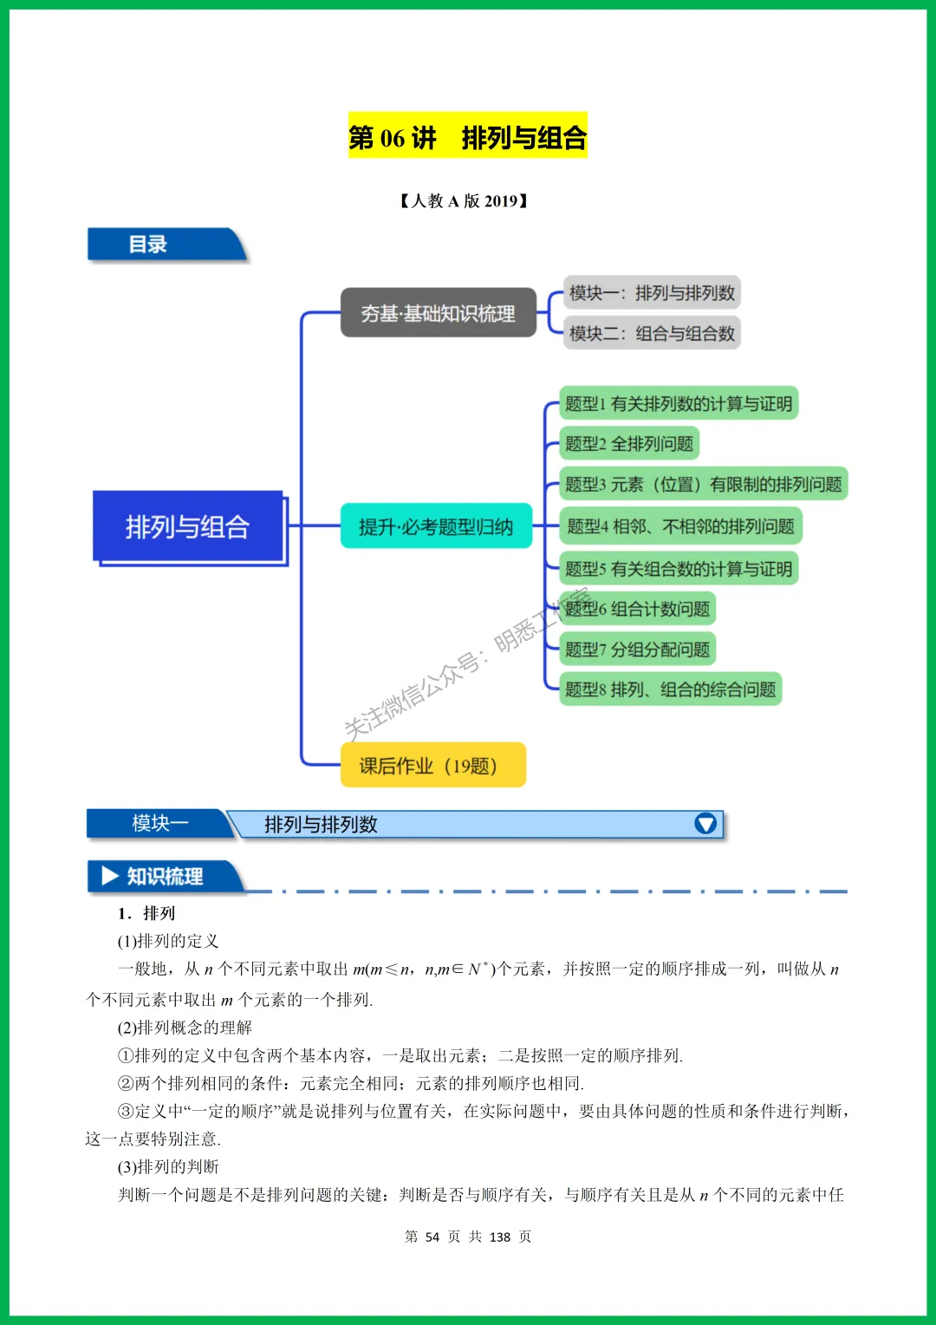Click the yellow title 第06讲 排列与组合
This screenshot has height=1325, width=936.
[468, 136]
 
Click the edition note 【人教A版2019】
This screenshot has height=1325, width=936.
[465, 201]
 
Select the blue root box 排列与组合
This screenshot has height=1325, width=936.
[188, 526]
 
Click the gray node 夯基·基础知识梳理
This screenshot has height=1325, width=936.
[438, 313]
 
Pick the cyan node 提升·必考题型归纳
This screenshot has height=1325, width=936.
[436, 526]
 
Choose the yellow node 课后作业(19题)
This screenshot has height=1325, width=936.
[432, 765]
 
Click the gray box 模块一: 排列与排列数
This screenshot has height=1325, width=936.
[652, 293]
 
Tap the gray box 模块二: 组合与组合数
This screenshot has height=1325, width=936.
[652, 333]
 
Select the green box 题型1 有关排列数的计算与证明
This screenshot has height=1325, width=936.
[679, 403]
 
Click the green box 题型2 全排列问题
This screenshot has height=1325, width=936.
[629, 444]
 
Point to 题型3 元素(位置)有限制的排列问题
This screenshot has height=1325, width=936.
[703, 484]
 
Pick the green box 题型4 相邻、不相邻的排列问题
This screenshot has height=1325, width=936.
[680, 526]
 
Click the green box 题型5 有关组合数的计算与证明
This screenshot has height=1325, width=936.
[679, 569]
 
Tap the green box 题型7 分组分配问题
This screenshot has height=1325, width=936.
[637, 649]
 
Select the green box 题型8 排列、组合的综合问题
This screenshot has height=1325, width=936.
[670, 689]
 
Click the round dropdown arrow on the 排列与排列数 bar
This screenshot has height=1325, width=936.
[705, 824]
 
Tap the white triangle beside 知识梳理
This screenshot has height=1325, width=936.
[110, 876]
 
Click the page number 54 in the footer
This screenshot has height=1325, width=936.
[432, 1237]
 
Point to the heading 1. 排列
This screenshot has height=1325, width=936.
[146, 913]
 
